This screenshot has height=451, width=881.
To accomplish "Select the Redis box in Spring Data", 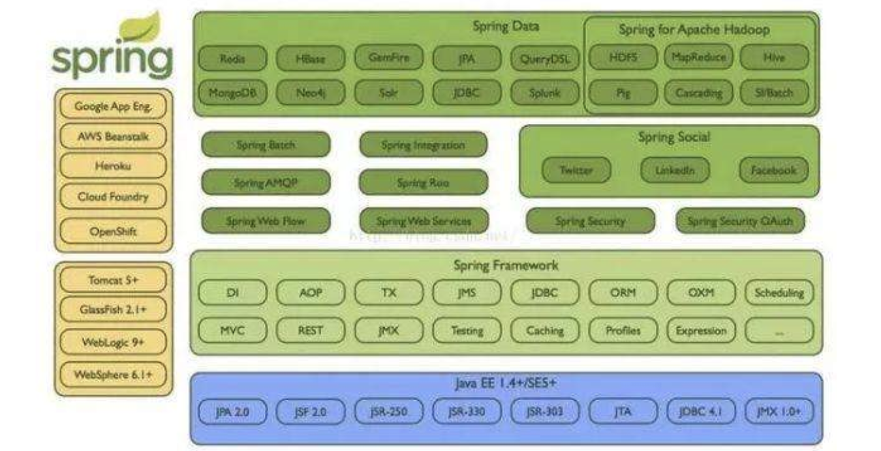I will tap(233, 59).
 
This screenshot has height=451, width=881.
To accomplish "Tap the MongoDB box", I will tap(233, 93).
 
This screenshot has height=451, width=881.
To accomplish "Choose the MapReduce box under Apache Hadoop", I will tap(698, 57).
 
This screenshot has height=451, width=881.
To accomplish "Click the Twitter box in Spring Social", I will tap(576, 170).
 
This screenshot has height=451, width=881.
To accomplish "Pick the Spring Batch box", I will tap(266, 145).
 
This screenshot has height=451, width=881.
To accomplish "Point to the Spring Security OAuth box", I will tap(740, 221).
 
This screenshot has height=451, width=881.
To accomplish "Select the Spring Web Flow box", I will tap(266, 221).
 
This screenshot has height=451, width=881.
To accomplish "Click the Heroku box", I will tap(113, 166).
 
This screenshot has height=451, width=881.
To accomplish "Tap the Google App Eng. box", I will tap(113, 106).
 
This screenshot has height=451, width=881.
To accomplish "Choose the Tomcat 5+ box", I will tap(113, 280).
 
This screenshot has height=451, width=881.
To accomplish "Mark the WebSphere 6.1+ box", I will tap(113, 375).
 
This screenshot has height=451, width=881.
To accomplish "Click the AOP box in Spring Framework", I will tap(311, 293).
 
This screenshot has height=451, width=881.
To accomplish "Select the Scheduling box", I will tap(779, 293).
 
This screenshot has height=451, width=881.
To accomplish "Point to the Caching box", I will tap(545, 330).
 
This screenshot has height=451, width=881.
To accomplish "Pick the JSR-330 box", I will tap(467, 411).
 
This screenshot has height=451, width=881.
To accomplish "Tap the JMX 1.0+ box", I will tap(779, 411).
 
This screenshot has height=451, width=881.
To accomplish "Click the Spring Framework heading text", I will tap(506, 265).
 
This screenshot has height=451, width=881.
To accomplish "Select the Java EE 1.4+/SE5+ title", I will tap(506, 385).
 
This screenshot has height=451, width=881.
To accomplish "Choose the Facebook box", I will tap(773, 170).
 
